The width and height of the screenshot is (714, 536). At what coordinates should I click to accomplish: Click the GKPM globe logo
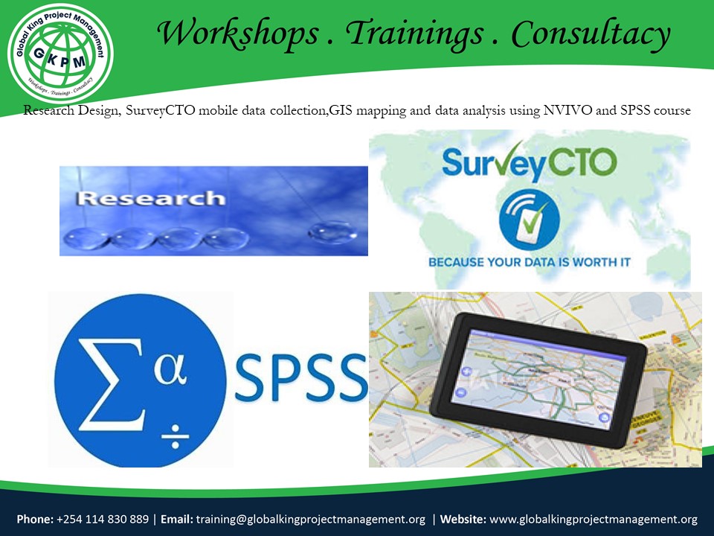click(60, 53)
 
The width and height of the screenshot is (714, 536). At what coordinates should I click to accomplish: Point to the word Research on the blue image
click(151, 199)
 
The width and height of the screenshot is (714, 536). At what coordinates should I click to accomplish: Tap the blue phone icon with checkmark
click(529, 220)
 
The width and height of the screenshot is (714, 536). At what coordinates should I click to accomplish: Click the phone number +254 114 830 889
click(103, 519)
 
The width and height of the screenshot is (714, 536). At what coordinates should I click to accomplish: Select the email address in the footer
click(310, 519)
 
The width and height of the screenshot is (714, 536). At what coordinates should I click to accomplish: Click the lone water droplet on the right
click(328, 233)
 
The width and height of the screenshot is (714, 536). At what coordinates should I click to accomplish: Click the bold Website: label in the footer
click(463, 519)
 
